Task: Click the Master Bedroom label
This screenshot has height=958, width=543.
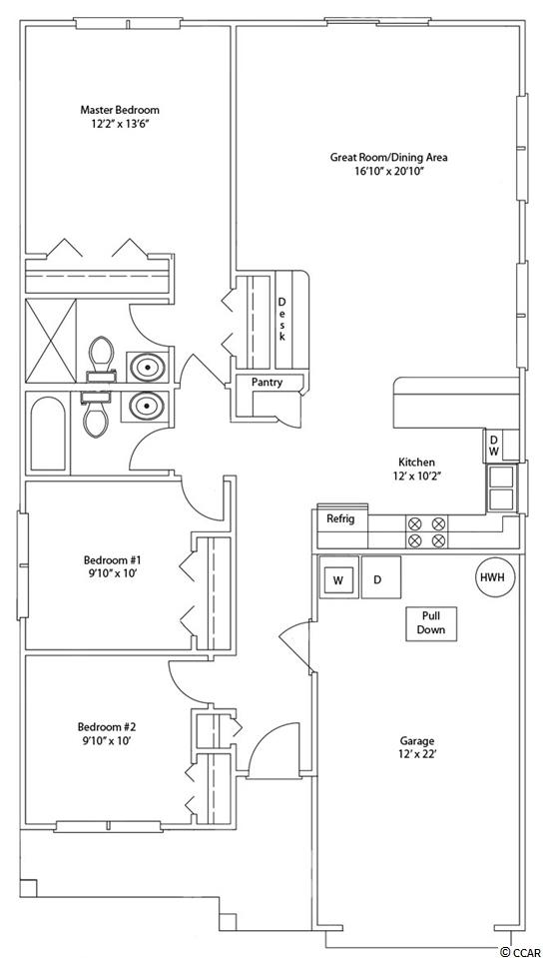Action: pos(120,110)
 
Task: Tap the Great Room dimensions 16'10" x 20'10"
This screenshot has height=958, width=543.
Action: pos(389,172)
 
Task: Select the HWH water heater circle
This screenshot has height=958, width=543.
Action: pos(495,577)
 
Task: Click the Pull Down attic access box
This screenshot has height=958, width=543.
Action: pos(431,623)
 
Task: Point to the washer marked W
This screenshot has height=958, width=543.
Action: pos(337,579)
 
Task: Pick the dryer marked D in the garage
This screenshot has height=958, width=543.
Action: pos(380,577)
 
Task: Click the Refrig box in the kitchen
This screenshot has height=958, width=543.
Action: pos(341,519)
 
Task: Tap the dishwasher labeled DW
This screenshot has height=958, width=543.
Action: pos(493,445)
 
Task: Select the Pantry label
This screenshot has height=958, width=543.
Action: pos(268,383)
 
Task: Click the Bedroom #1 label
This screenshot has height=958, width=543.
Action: pos(113,566)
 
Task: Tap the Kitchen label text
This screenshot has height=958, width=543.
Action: pos(416,462)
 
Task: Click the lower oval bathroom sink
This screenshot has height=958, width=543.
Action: pos(147,405)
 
